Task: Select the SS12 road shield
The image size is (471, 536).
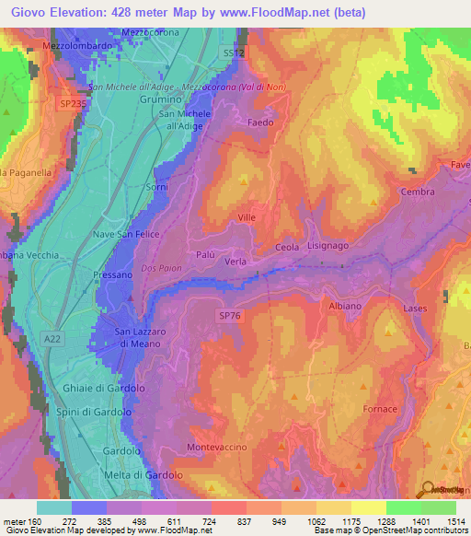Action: (234, 54)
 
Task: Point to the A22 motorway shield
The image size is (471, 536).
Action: (54, 340)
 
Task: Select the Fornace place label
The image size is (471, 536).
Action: (380, 409)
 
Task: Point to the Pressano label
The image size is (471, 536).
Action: (113, 275)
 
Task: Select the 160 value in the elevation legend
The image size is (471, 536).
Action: (36, 522)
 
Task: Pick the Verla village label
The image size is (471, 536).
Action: (235, 262)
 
